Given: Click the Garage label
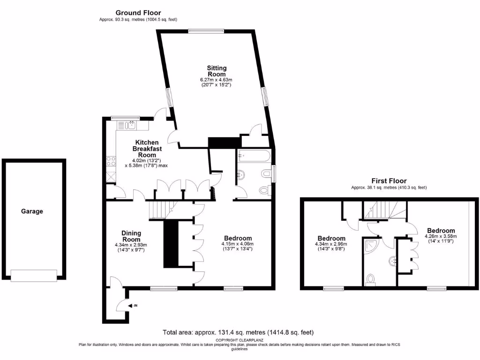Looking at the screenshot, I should click(32, 211).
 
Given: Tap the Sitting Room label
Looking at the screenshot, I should click(217, 71).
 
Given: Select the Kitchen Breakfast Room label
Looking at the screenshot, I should click(147, 149).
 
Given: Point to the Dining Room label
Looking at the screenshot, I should click(131, 236).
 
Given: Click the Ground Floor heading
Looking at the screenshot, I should click(138, 13).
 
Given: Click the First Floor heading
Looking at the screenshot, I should click(389, 180).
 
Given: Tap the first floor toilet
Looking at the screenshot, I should click(371, 279).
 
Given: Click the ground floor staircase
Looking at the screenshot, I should click(160, 210).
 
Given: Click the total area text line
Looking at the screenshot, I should click(238, 332).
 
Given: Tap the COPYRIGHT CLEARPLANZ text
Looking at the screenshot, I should click(238, 340).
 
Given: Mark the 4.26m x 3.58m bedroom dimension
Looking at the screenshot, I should click(441, 236).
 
